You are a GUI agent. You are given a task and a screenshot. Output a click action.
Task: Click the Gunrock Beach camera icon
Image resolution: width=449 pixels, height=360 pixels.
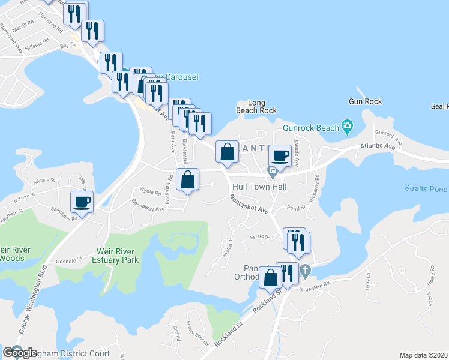[347, 126]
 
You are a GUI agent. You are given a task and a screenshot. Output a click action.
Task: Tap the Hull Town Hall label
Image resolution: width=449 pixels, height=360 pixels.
[259, 187]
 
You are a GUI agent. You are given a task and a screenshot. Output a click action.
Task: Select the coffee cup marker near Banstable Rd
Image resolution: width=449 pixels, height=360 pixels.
[82, 202]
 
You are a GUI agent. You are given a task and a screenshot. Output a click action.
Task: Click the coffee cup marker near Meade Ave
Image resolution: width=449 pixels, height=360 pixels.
[279, 156]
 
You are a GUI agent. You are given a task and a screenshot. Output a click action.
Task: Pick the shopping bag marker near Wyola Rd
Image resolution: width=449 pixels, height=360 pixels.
[188, 179]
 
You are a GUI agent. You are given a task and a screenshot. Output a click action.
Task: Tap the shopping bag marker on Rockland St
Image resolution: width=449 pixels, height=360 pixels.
[270, 277]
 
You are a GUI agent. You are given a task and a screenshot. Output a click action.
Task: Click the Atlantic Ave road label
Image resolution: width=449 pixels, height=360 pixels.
[378, 146]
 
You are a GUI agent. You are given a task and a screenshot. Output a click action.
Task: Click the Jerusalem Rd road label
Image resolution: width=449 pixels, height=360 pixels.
[314, 287]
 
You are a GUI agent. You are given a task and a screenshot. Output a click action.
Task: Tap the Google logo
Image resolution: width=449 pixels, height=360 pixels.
[20, 353]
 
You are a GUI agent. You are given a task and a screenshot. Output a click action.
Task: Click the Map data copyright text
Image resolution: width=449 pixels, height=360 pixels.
[424, 355]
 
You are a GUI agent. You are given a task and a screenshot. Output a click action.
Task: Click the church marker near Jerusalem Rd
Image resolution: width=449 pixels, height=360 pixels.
[305, 271]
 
